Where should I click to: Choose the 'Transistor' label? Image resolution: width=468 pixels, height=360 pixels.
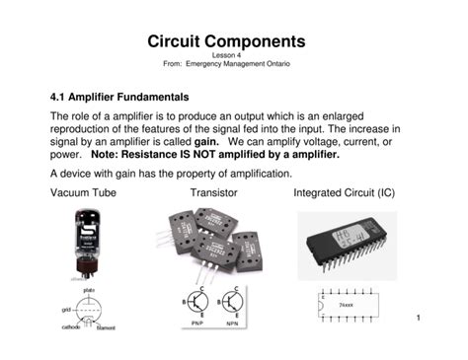(214, 192)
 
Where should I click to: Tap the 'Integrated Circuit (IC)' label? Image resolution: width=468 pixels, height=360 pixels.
(345, 192)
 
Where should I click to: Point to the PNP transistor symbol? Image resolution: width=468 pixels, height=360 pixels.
(197, 302)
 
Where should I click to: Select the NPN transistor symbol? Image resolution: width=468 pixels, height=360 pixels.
(232, 302)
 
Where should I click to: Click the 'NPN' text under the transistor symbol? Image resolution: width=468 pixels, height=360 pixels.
(232, 324)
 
